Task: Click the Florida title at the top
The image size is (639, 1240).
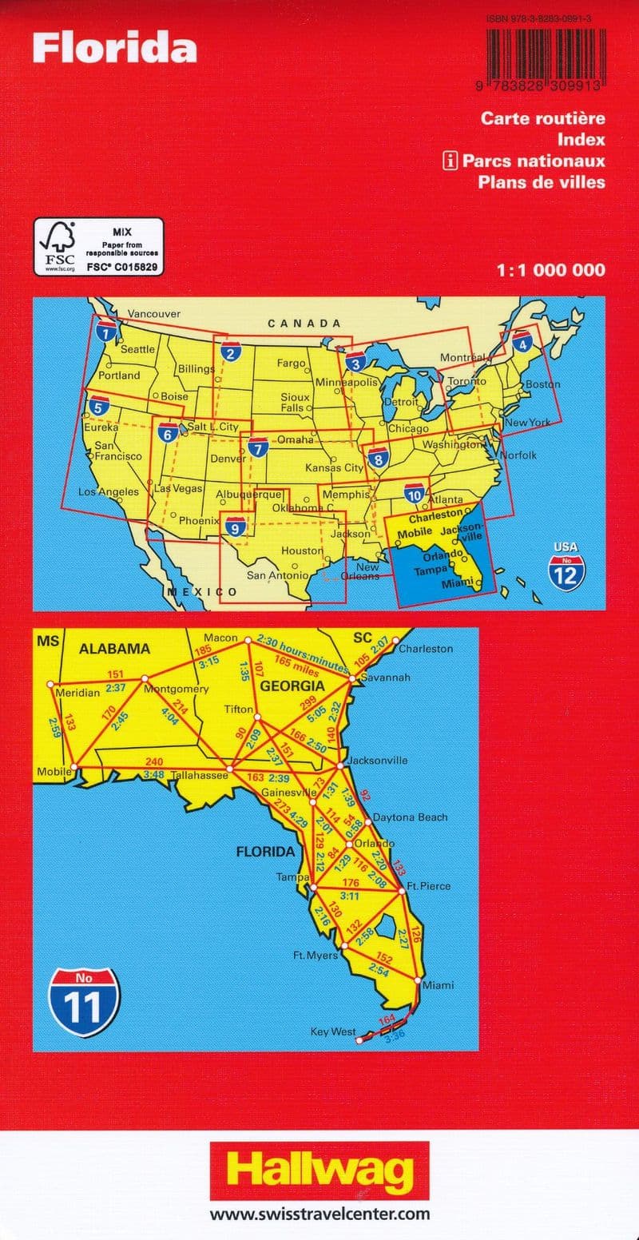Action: tap(115, 49)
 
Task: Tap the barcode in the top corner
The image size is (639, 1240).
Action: tap(543, 56)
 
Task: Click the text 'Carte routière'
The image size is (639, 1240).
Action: tap(542, 118)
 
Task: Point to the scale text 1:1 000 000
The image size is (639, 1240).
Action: tap(550, 271)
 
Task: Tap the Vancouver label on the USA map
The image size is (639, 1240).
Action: tap(155, 314)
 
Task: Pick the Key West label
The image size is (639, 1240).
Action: tap(333, 1032)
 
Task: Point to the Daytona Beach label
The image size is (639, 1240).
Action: tap(410, 817)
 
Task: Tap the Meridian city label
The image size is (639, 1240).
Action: tap(77, 693)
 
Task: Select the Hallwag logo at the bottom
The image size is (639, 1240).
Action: tap(319, 1173)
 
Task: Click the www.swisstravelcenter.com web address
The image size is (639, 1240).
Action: tap(319, 1214)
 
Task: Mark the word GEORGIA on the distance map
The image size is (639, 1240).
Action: tap(296, 686)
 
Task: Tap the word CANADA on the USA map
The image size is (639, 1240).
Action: tap(304, 324)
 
